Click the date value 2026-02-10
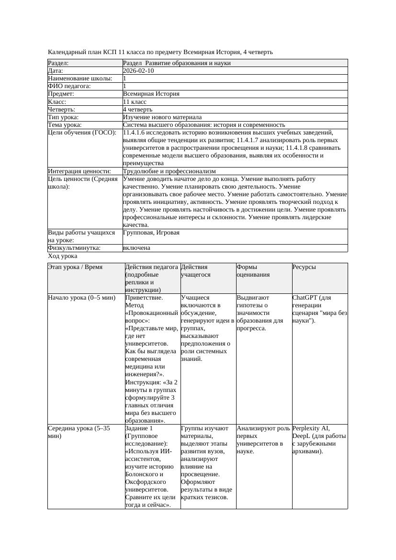coord(138,71)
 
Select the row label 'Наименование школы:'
coord(80,78)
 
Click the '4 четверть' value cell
coord(137,109)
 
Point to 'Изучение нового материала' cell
coord(162,117)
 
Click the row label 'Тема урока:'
coord(65,125)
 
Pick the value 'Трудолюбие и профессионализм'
coord(169,171)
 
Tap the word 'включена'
coord(136,248)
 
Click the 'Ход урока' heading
coord(62,256)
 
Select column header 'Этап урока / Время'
coord(75,267)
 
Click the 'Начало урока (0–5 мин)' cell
coord(82,298)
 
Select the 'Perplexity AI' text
coord(311,428)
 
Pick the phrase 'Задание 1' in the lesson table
coord(139,428)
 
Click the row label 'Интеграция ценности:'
coord(79,171)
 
